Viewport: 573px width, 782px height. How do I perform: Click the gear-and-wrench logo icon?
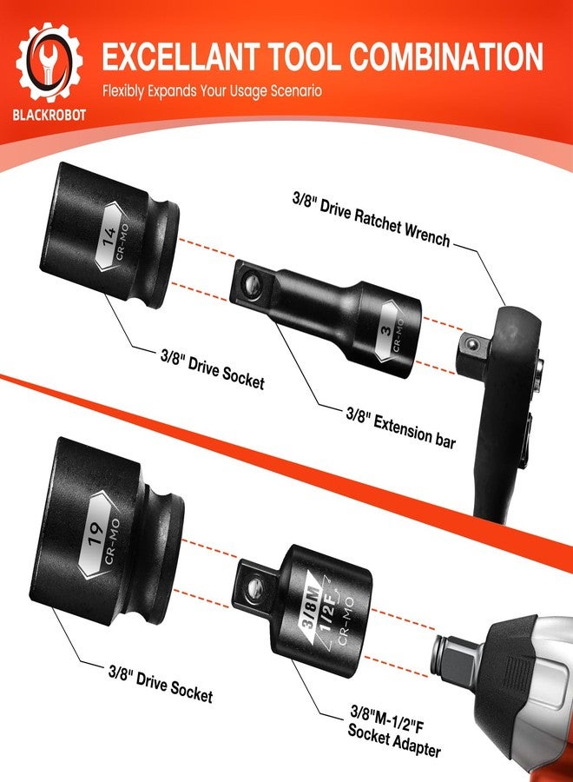tap(49, 62)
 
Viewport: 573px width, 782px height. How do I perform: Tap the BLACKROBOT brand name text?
tap(49, 116)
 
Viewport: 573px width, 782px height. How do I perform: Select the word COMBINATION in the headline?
tap(446, 56)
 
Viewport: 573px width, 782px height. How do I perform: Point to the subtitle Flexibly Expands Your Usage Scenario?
tap(212, 91)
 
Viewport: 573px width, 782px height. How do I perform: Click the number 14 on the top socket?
tap(109, 235)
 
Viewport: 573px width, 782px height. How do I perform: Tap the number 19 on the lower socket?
tap(95, 534)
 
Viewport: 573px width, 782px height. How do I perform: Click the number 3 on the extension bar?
tap(386, 329)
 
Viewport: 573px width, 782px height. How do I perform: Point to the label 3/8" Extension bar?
tap(400, 427)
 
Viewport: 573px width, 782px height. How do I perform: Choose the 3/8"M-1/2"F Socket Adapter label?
tap(393, 732)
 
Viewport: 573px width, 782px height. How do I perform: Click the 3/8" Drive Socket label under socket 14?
tap(212, 369)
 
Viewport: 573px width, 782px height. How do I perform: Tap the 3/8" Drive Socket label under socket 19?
tap(161, 683)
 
